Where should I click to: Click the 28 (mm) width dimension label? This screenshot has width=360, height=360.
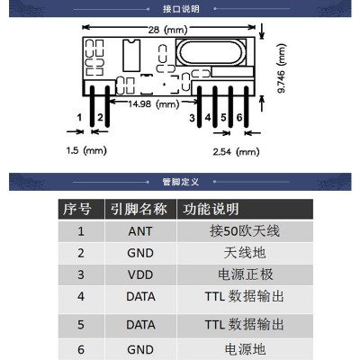167,30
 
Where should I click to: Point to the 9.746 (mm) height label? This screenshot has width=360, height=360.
282,68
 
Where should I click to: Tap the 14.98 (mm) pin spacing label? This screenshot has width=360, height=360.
154,104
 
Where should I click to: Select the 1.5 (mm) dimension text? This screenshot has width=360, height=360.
86,150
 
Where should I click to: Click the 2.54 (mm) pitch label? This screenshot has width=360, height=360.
236,151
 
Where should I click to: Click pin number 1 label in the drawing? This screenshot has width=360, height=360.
79,117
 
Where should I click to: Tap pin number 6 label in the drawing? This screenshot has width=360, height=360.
239,117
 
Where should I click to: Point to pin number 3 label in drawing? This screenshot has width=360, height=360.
192,118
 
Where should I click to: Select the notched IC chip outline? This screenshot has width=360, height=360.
131,55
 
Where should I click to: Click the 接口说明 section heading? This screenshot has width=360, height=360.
181,9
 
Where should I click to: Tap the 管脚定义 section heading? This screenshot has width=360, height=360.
181,182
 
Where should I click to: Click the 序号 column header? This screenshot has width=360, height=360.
76,209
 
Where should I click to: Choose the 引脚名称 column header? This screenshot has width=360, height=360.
139,209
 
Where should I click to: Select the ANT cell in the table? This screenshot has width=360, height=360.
140,231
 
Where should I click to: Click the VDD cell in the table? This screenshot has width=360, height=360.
140,274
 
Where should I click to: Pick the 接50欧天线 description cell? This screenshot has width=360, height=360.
245,231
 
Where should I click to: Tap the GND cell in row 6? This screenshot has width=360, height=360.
140,349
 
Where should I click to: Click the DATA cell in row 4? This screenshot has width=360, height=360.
140,296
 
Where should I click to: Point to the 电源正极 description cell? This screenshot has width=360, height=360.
246,274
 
